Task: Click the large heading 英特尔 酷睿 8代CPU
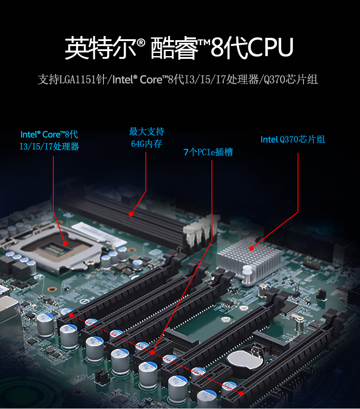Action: coord(179,47)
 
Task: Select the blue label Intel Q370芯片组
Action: coord(293,140)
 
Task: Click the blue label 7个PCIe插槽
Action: coord(208,152)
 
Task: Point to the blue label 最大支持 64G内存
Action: coord(146,138)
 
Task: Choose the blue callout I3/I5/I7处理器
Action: coord(49,147)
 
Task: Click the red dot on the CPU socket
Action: coord(65,243)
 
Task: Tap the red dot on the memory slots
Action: coord(131,213)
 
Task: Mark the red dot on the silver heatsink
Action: coord(251,249)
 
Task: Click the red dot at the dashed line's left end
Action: coord(71,315)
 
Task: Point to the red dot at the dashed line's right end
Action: coord(241,392)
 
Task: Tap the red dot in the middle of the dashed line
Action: coord(152,352)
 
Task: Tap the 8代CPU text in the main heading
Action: coord(252,47)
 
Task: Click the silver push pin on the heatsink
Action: coord(247,272)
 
